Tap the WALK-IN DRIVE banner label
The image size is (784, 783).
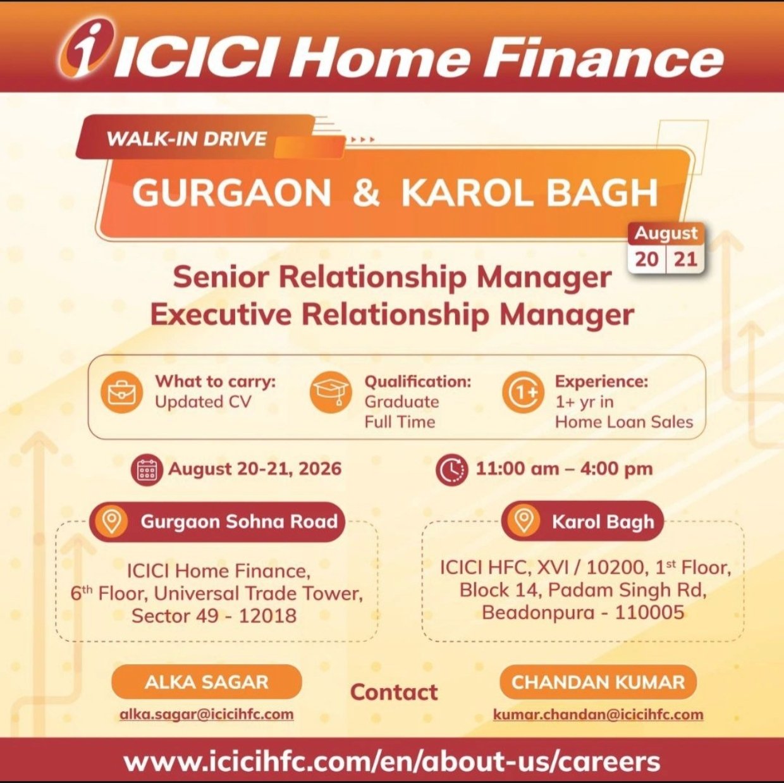187,139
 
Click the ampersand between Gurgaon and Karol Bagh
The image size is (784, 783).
366,192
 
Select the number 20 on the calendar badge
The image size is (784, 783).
647,259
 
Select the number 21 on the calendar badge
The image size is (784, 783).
685,259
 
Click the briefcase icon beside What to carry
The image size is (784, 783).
121,393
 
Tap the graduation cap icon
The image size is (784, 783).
329,393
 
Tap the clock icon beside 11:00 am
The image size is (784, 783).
452,470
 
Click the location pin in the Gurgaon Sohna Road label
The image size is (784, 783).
112,521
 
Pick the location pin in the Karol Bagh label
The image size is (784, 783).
524,521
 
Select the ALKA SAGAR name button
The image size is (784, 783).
207,682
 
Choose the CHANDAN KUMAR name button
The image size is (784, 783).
598,682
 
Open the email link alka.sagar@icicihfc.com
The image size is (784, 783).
207,715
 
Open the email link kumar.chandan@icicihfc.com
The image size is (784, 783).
598,715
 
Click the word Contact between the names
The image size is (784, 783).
394,692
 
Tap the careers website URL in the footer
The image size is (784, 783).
392,761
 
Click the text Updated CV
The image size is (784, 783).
203,402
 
